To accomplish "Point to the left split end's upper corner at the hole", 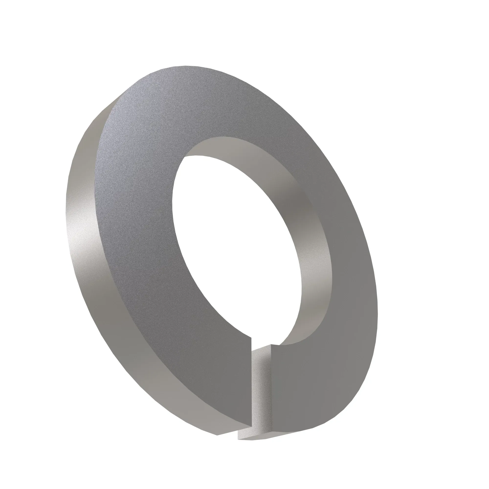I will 251,337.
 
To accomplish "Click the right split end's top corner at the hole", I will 271,345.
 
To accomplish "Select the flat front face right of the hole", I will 349,253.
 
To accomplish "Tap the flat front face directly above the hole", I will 202,106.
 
